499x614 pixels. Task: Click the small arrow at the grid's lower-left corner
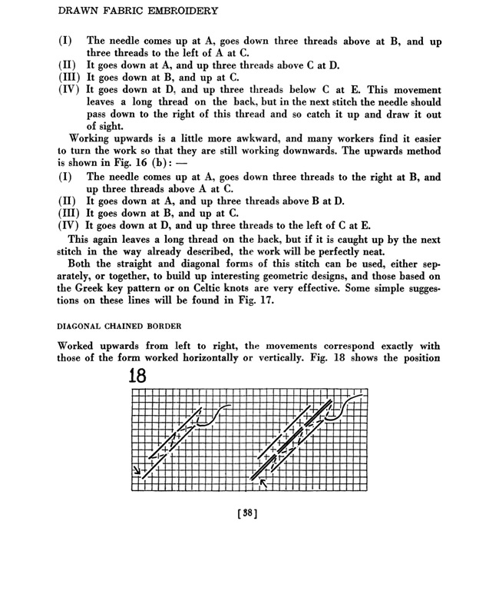138,471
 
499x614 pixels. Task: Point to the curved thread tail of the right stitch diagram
345,405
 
